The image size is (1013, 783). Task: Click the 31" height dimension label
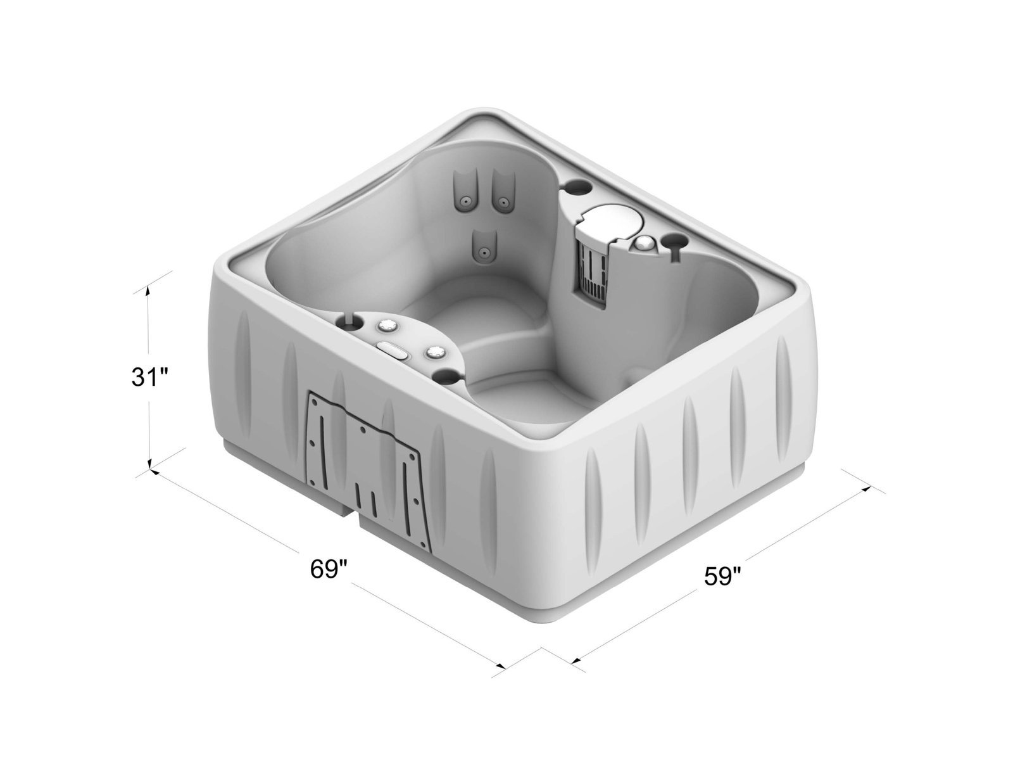pyautogui.click(x=149, y=378)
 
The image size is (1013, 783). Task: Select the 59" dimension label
pyautogui.click(x=722, y=576)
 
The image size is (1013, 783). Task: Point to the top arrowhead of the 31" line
pyautogui.click(x=149, y=289)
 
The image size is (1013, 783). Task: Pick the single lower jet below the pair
pyautogui.click(x=484, y=251)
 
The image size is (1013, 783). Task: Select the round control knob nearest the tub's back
pyautogui.click(x=386, y=326)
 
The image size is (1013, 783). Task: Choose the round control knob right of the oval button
pyautogui.click(x=435, y=352)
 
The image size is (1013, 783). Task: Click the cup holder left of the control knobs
pyautogui.click(x=349, y=321)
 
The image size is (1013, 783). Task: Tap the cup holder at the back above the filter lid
pyautogui.click(x=577, y=188)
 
